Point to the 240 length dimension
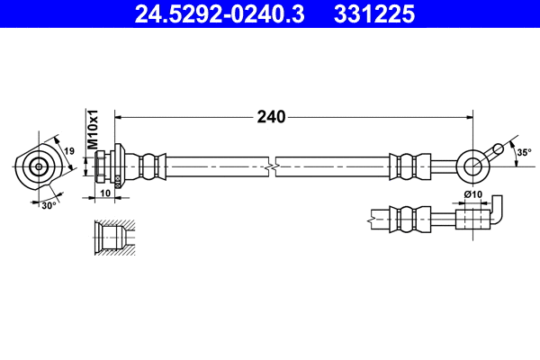[271, 116]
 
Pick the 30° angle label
[50, 205]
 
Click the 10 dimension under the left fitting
[105, 192]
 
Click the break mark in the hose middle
[271, 166]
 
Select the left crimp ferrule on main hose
[151, 166]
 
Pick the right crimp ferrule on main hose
[404, 166]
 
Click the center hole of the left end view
[39, 166]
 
